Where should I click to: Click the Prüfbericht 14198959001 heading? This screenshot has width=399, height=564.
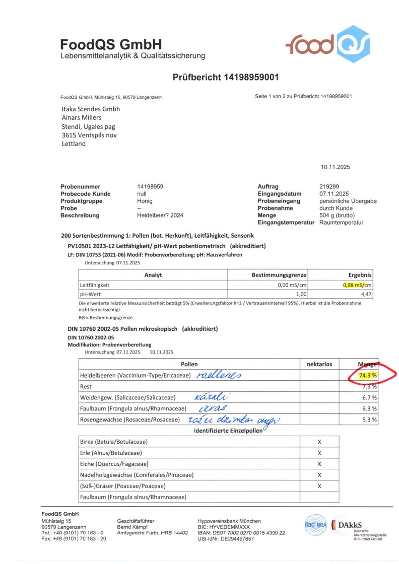pyautogui.click(x=226, y=78)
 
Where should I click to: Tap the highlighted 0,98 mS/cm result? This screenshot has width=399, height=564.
pyautogui.click(x=357, y=285)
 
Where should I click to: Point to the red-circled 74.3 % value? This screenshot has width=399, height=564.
pyautogui.click(x=368, y=375)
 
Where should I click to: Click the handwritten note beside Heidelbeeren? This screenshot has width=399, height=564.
pyautogui.click(x=220, y=375)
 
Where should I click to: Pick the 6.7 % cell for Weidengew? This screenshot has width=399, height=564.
pyautogui.click(x=369, y=397)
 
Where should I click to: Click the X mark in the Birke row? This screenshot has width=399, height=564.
pyautogui.click(x=319, y=442)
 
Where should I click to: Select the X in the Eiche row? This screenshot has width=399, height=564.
pyautogui.click(x=319, y=464)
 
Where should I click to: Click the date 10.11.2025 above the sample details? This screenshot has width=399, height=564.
pyautogui.click(x=335, y=167)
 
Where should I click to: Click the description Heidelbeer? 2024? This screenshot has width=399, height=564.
pyautogui.click(x=160, y=215)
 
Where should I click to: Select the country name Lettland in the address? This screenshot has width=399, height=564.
pyautogui.click(x=74, y=144)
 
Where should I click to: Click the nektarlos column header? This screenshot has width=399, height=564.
pyautogui.click(x=319, y=364)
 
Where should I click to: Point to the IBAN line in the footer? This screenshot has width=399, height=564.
pyautogui.click(x=241, y=533)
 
